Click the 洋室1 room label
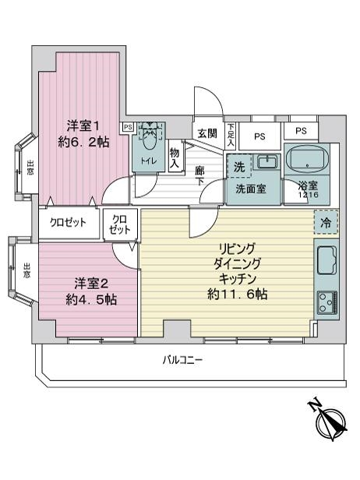(x=83, y=125)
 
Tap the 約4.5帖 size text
(x=91, y=300)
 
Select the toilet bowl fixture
(x=150, y=136)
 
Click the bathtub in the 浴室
(x=307, y=160)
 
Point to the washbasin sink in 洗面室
(x=267, y=161)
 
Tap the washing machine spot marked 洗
(x=239, y=167)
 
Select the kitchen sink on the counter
(x=326, y=260)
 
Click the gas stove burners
(x=327, y=303)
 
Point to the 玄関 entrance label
(x=207, y=133)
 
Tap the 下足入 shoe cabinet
(x=231, y=135)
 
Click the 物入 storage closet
(x=175, y=156)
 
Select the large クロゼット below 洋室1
(x=69, y=224)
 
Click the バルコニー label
(x=182, y=360)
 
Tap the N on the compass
(x=315, y=405)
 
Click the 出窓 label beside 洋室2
(x=26, y=270)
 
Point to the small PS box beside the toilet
(x=128, y=127)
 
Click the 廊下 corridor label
(x=200, y=176)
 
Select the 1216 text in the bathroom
(x=309, y=194)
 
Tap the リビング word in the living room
(x=236, y=249)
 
